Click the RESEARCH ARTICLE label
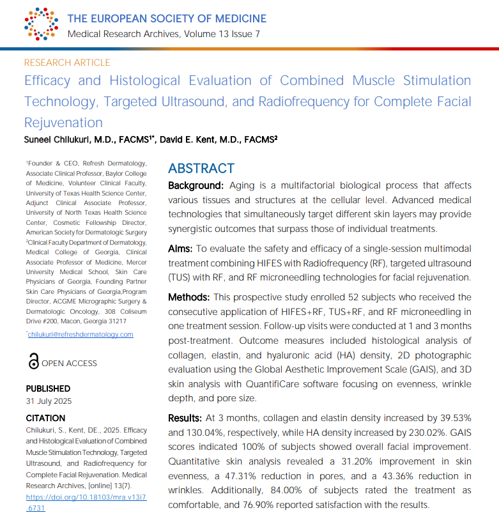click(67, 63)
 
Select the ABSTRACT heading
click(201, 169)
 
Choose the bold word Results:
click(186, 418)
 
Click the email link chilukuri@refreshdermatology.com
click(81, 334)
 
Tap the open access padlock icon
click(33, 362)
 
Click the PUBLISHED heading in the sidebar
click(49, 389)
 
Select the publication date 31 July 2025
click(49, 401)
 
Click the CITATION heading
click(45, 418)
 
